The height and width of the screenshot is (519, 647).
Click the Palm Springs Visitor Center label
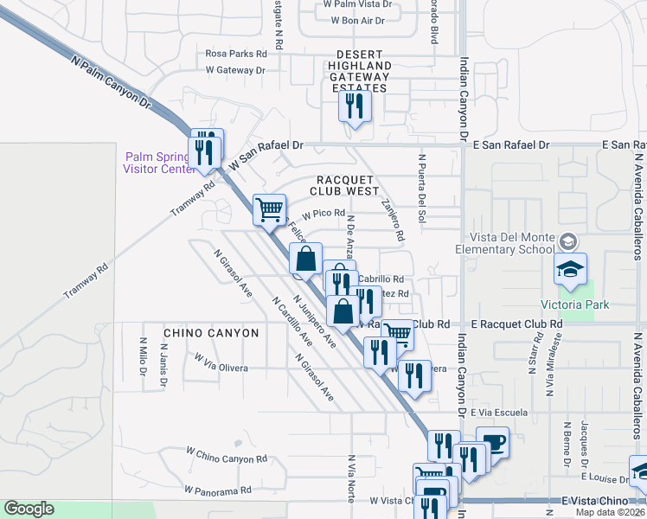[x=160, y=163]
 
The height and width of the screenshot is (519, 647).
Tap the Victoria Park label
[x=574, y=304]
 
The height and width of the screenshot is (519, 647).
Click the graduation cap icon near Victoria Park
[x=571, y=270]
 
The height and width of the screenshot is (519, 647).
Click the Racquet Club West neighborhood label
[x=345, y=185]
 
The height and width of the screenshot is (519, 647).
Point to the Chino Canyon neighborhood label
[x=211, y=332]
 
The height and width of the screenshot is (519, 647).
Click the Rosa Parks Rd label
[x=236, y=53]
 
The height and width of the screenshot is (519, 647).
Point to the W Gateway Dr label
[x=234, y=70]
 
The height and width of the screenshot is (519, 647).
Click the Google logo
[x=29, y=509]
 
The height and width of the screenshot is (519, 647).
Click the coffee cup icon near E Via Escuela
[x=493, y=442]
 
